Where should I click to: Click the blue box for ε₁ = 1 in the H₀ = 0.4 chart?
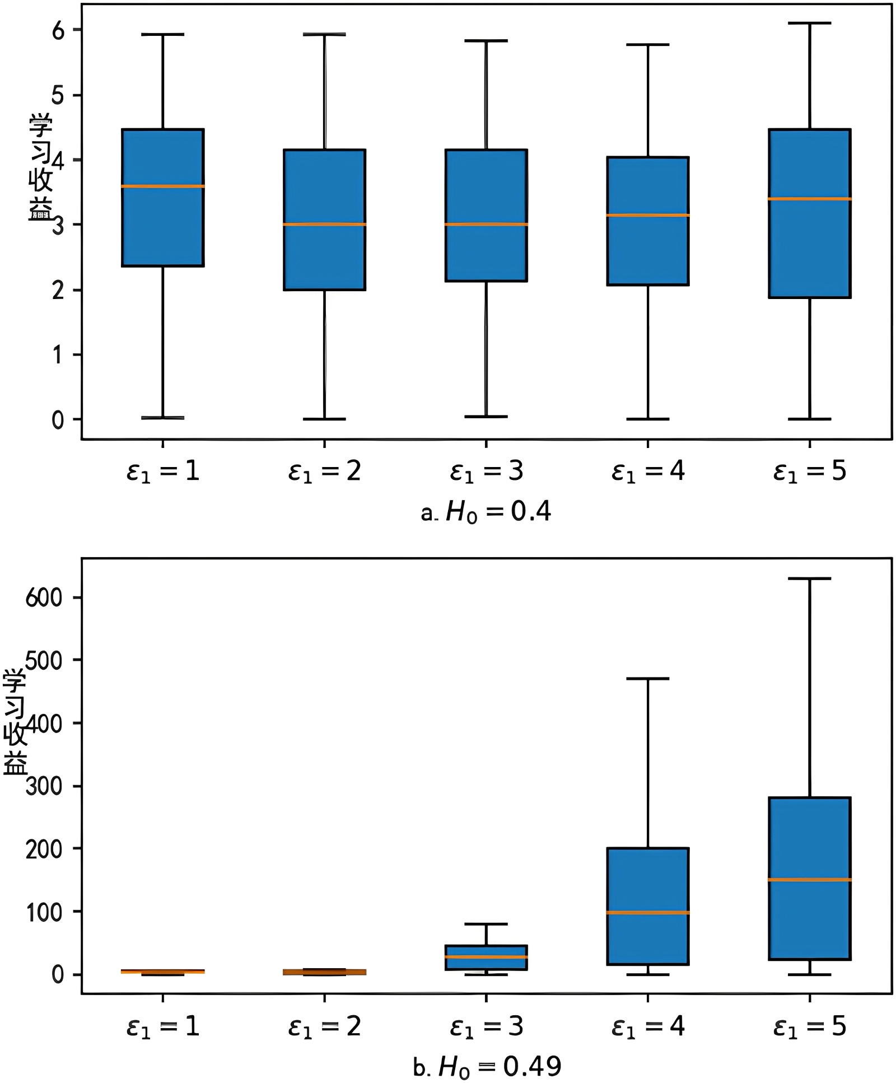click(162, 235)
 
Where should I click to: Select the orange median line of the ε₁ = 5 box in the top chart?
click(809, 199)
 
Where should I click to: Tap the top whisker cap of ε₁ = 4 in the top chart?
click(648, 44)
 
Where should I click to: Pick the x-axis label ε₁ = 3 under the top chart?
click(486, 471)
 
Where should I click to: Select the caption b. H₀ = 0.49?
click(486, 1067)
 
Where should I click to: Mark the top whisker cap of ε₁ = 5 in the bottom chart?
click(809, 578)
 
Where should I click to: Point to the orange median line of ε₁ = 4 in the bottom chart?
click(648, 913)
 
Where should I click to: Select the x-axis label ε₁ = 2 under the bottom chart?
click(324, 1026)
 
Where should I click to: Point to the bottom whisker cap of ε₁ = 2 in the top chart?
click(324, 419)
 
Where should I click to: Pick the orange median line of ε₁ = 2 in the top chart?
click(324, 225)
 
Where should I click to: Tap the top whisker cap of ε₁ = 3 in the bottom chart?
click(486, 924)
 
